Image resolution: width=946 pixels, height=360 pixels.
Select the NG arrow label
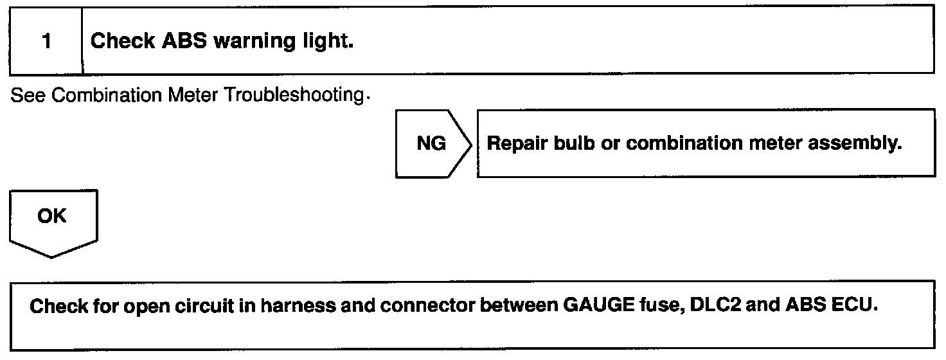(431, 143)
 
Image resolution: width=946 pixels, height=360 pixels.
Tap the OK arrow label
(51, 216)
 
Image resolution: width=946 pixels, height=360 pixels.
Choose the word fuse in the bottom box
(663, 305)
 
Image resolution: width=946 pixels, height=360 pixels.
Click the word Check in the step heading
(123, 42)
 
